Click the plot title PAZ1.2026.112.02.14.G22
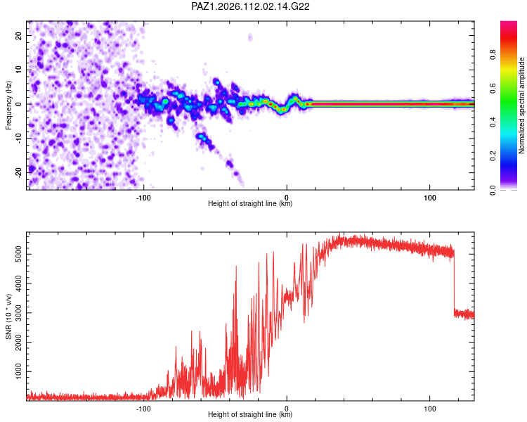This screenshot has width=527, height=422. (250, 6)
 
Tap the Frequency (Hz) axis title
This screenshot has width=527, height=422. (8, 105)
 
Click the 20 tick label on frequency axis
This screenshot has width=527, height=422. (18, 36)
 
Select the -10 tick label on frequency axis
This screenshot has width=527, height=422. (18, 139)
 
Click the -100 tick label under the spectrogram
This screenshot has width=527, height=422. (143, 198)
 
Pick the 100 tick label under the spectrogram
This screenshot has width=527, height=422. (430, 198)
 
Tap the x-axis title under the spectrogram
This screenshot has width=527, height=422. (250, 203)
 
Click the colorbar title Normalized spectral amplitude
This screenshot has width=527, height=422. (521, 105)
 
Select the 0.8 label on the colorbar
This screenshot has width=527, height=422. (493, 54)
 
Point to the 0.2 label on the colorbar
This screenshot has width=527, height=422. (493, 156)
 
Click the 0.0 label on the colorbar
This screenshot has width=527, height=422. (493, 190)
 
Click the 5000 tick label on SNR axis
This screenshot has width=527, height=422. (18, 254)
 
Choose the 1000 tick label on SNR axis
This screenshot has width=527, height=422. (18, 371)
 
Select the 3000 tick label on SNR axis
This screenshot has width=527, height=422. (18, 313)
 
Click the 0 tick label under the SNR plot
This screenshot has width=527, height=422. (287, 409)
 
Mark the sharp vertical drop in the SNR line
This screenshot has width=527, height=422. (454, 281)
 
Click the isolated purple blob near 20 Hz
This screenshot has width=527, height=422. (250, 37)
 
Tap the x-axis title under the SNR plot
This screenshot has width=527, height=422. (250, 414)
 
